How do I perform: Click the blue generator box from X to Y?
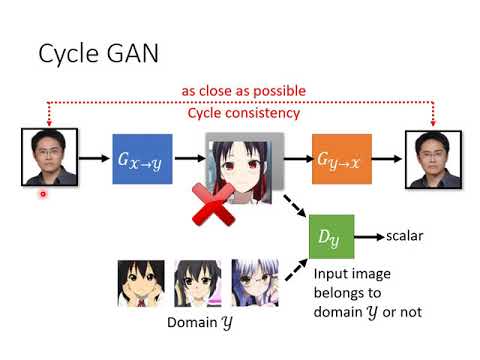(x=143, y=158)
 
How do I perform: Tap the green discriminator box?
(x=331, y=237)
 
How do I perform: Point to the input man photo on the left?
(x=49, y=158)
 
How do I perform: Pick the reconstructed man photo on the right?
(x=433, y=158)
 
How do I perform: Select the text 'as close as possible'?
(x=243, y=91)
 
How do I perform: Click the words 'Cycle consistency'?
(x=243, y=113)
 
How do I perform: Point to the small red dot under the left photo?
(x=42, y=195)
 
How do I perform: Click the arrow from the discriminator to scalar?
(x=370, y=237)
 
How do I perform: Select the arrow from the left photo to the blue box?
(x=93, y=158)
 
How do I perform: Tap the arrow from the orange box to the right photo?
(x=388, y=158)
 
